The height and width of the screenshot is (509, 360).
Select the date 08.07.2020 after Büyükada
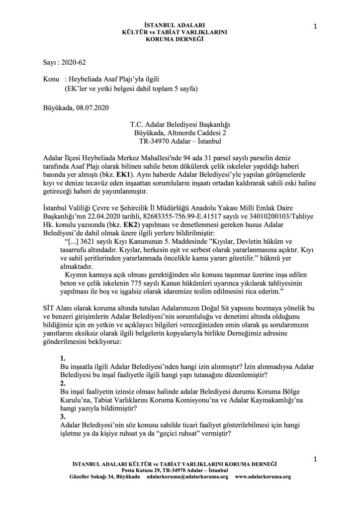[x=91, y=107]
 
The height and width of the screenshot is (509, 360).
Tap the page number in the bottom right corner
[x=315, y=457]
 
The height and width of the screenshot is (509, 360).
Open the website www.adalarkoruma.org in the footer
[x=263, y=477]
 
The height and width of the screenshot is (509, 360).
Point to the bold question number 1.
[x=62, y=358]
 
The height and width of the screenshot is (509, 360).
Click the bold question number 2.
[x=62, y=384]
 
